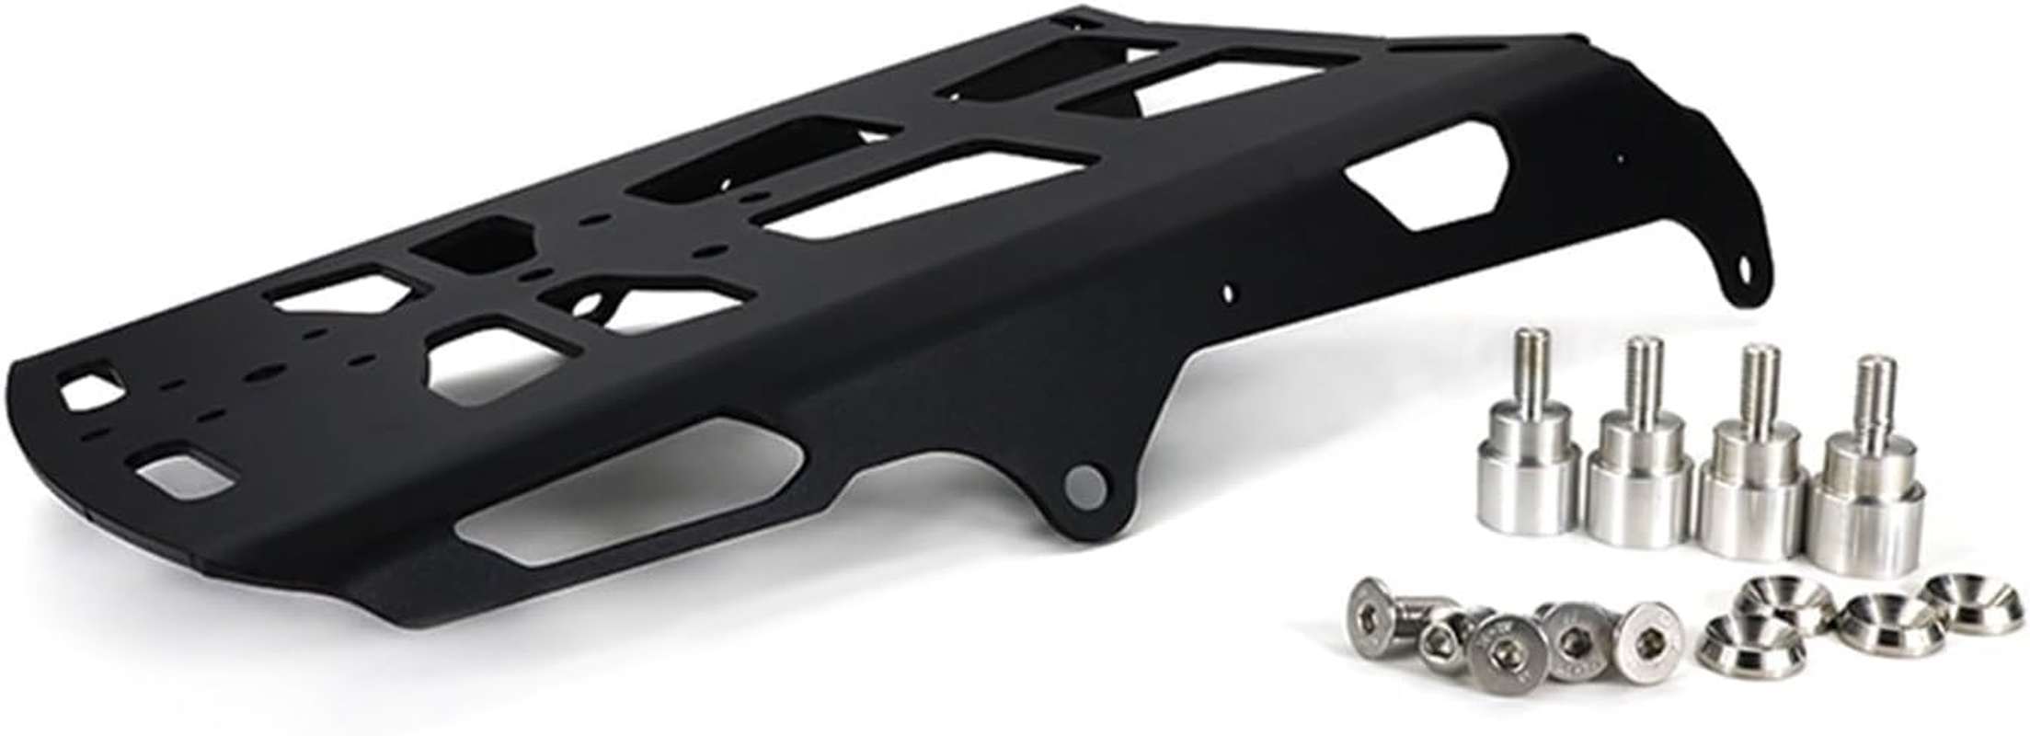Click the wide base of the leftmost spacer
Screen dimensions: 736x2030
[1529, 481]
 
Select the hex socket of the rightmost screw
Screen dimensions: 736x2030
[1652, 634]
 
